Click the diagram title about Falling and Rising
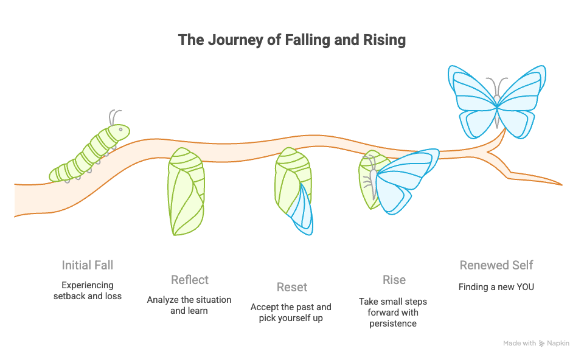click(x=292, y=41)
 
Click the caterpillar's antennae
click(x=114, y=116)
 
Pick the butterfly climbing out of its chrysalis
click(x=398, y=181)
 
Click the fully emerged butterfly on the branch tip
click(x=497, y=100)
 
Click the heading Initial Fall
click(x=88, y=265)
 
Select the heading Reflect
click(x=190, y=280)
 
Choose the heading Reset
click(x=292, y=287)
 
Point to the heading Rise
click(x=394, y=280)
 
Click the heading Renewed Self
click(x=496, y=265)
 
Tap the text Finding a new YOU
click(x=496, y=286)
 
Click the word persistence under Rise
click(x=394, y=324)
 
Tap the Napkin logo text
click(x=558, y=344)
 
